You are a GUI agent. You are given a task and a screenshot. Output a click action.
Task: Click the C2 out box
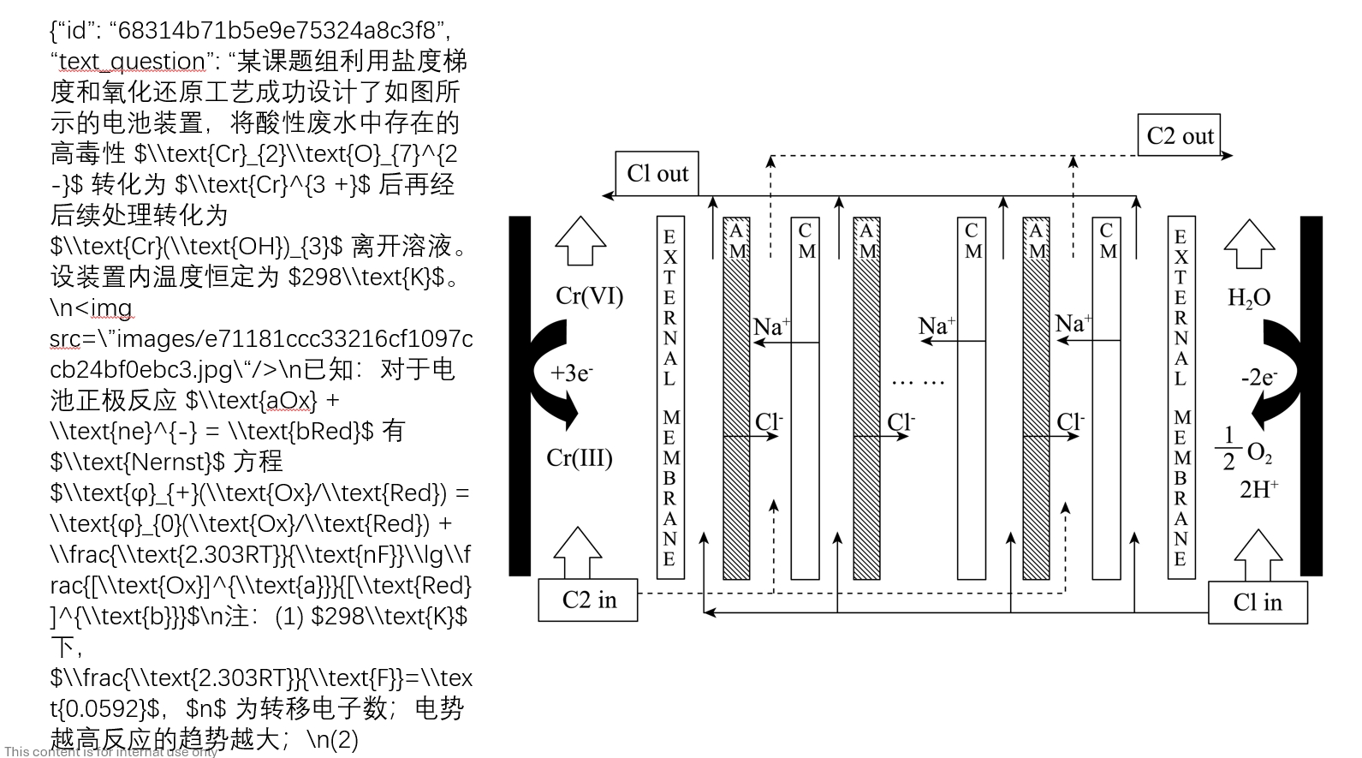pos(1179,135)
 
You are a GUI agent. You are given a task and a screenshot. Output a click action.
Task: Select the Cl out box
pos(657,174)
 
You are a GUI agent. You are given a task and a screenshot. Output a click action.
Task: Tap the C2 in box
pos(588,600)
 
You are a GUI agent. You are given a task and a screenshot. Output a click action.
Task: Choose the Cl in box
pos(1257,602)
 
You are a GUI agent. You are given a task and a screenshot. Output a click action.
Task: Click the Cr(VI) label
pos(589,296)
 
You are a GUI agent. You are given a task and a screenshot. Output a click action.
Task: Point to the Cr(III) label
pos(580,457)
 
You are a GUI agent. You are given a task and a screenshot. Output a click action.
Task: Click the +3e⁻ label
pos(572,373)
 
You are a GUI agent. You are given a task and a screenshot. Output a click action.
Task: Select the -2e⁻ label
pos(1258,377)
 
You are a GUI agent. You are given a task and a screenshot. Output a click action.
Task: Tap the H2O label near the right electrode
pos(1248,298)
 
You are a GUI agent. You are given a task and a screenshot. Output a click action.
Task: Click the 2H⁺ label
pos(1258,489)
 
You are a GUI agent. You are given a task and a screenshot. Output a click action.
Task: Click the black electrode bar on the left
pos(520,395)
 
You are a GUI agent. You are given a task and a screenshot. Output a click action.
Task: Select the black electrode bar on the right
pos(1311,395)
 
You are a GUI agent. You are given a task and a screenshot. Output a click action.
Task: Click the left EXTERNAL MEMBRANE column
pos(670,397)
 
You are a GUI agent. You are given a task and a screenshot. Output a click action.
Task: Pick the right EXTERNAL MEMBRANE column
pos(1181,397)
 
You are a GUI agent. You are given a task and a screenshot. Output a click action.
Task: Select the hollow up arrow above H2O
pos(1249,244)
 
